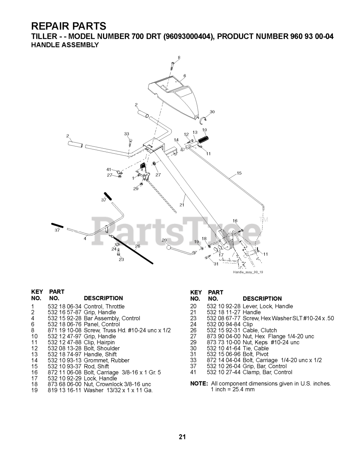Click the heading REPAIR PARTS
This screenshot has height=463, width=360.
click(69, 26)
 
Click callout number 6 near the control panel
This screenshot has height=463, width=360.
click(184, 76)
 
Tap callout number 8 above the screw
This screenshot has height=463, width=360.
click(179, 58)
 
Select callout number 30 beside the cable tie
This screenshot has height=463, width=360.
click(212, 112)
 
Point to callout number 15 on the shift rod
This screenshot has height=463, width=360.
click(239, 173)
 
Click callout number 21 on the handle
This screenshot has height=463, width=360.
click(182, 205)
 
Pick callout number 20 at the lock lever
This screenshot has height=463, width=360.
click(164, 240)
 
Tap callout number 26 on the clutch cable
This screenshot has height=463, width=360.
click(137, 246)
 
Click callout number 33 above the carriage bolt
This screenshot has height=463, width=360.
click(127, 134)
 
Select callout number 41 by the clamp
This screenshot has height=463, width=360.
click(109, 170)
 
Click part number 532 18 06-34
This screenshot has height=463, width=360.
click(65, 306)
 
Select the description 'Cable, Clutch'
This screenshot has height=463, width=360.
click(260, 330)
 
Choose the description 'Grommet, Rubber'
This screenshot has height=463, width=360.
click(106, 360)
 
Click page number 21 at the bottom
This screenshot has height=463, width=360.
click(182, 437)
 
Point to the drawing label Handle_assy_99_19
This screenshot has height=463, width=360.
click(248, 272)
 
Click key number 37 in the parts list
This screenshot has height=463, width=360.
click(194, 366)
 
